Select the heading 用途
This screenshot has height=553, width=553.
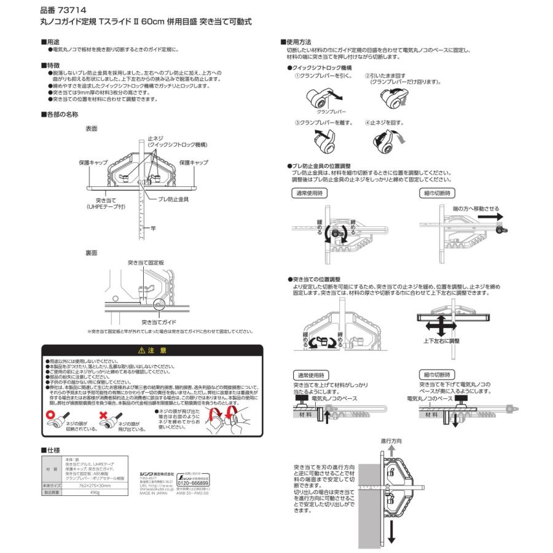[53, 41]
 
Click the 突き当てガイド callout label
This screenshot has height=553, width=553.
[158, 321]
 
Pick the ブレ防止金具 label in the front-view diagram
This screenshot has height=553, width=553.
[173, 200]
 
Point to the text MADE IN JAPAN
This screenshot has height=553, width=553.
[136, 492]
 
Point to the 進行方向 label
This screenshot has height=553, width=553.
[391, 441]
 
